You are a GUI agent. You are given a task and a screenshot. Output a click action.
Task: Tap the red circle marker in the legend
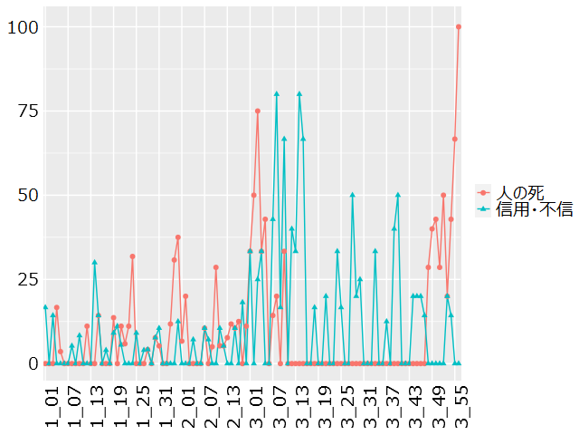[484, 192]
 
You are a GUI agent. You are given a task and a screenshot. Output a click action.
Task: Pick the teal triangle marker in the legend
[484, 208]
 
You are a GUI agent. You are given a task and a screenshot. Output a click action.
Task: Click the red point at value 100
[459, 27]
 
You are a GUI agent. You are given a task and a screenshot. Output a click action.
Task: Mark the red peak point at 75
[258, 111]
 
